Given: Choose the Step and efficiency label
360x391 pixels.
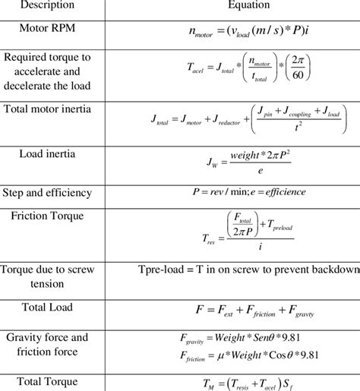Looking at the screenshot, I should (48, 191).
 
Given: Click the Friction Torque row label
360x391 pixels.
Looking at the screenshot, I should (48, 216).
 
